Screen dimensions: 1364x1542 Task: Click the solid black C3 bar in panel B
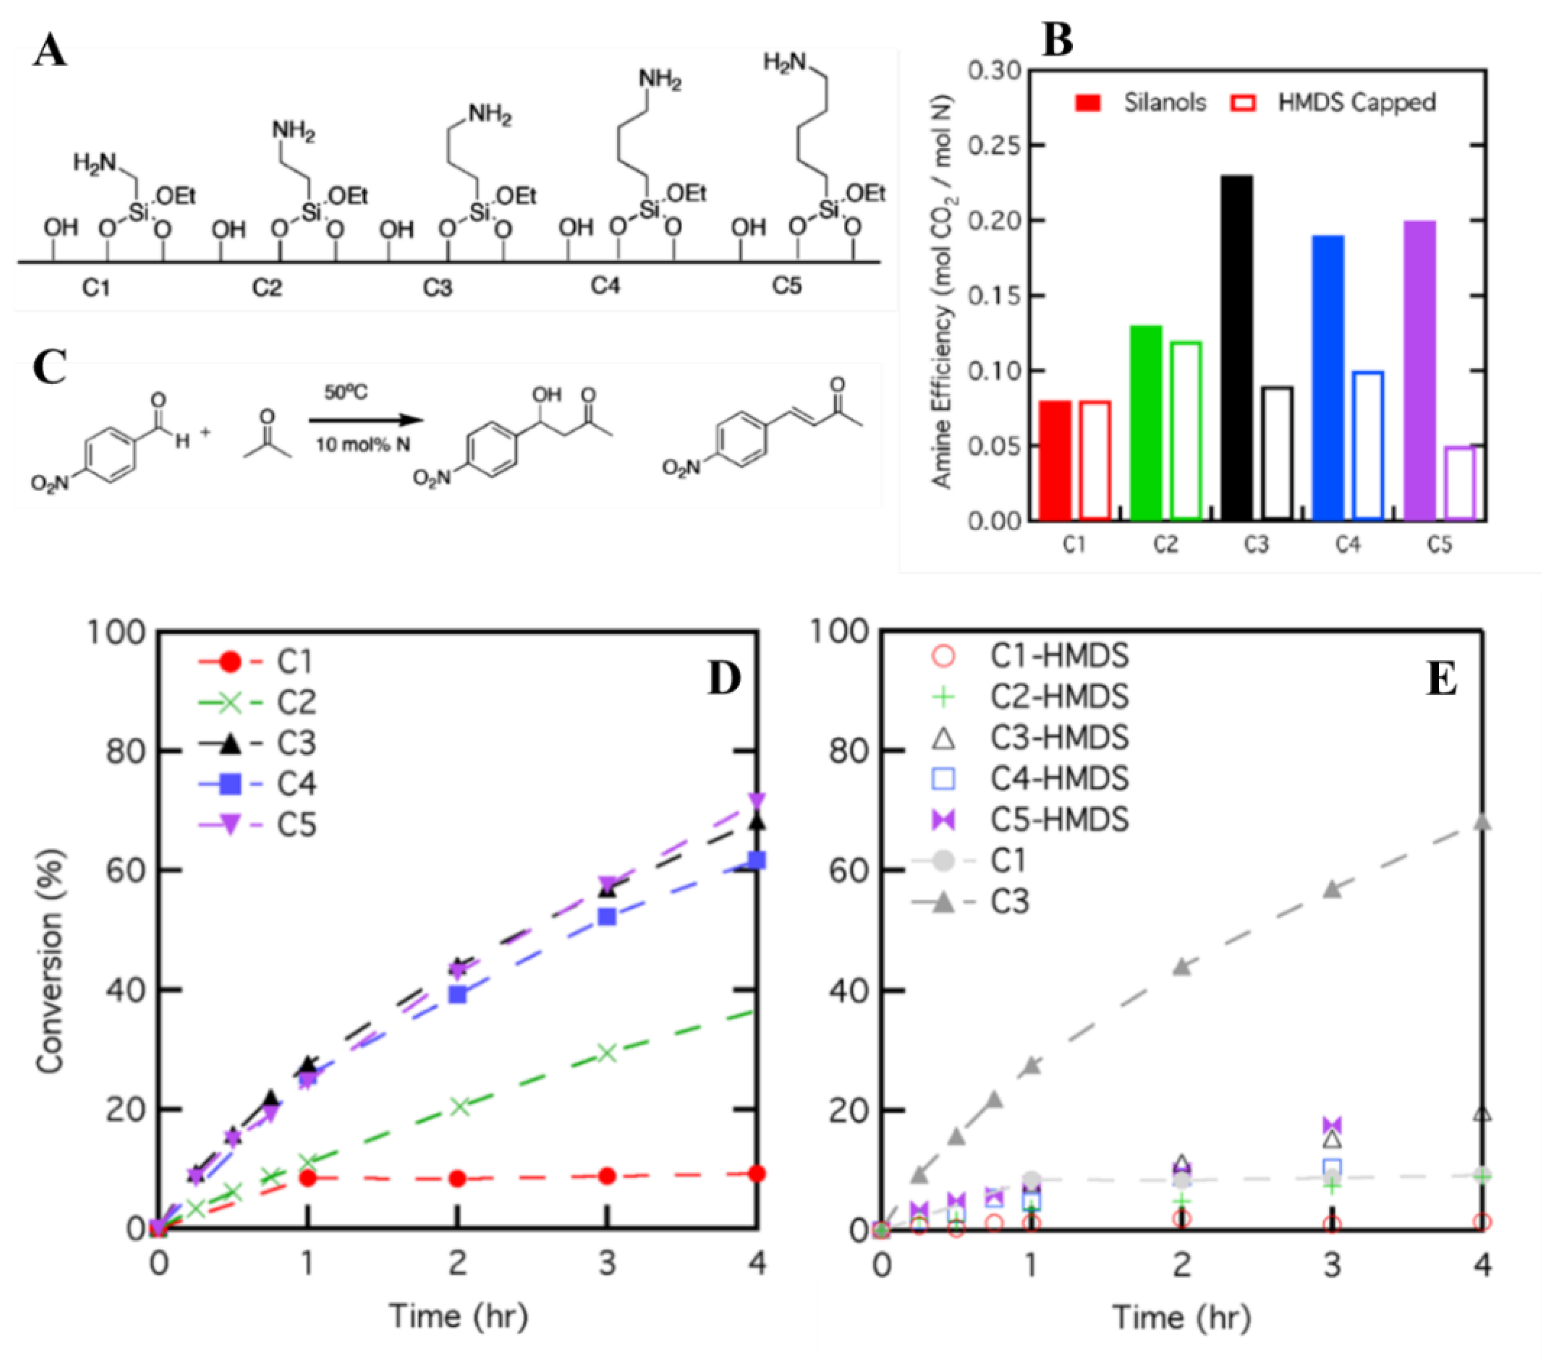pyautogui.click(x=1237, y=347)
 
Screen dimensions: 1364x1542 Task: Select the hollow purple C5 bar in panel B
pyautogui.click(x=1460, y=483)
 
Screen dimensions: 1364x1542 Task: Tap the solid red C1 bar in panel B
pyautogui.click(x=1055, y=460)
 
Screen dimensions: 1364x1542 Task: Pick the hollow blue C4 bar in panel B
pyautogui.click(x=1368, y=445)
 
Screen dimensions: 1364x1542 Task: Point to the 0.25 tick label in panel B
pyautogui.click(x=994, y=145)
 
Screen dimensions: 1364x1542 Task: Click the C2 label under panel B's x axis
pyautogui.click(x=1166, y=544)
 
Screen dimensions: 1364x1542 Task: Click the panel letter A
pyautogui.click(x=50, y=52)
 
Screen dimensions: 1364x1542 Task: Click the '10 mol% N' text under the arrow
pyautogui.click(x=363, y=445)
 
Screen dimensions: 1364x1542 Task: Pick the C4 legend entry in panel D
pyautogui.click(x=296, y=784)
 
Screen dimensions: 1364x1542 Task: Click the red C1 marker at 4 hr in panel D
pyautogui.click(x=757, y=1174)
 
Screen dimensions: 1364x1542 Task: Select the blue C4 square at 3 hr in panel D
pyautogui.click(x=607, y=917)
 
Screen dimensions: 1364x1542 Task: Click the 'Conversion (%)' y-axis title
pyautogui.click(x=50, y=961)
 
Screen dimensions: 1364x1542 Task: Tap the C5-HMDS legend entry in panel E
pyautogui.click(x=1058, y=820)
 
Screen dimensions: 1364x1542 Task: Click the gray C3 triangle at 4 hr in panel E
pyautogui.click(x=1481, y=822)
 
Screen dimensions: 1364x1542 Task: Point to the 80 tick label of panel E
pyautogui.click(x=848, y=751)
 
